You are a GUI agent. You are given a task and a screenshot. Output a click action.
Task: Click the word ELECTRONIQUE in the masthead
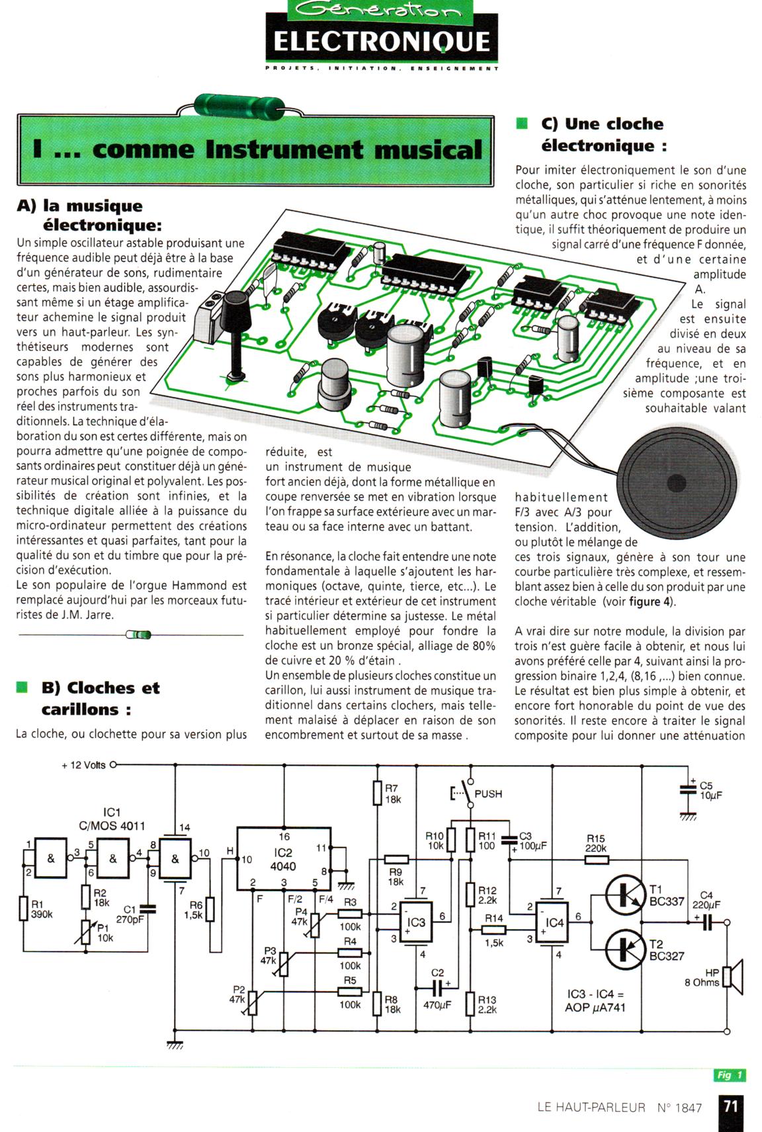[382, 42]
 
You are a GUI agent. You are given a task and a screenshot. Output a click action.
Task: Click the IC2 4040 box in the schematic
[284, 859]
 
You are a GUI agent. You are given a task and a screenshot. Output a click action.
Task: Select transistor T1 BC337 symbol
[625, 895]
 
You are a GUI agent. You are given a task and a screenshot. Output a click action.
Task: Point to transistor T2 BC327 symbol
[625, 950]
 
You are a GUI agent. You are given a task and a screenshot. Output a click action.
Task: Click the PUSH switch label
[488, 794]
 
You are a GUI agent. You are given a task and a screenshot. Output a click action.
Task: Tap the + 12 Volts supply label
[83, 765]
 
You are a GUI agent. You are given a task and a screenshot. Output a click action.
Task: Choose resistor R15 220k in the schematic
[597, 860]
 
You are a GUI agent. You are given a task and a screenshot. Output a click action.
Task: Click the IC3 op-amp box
[416, 922]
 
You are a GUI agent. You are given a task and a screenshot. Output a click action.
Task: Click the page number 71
[731, 1106]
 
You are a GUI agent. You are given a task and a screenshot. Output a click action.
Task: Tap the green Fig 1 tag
[729, 1075]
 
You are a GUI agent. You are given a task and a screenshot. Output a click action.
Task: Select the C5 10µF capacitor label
[710, 791]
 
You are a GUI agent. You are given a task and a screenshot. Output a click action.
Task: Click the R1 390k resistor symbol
[23, 908]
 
